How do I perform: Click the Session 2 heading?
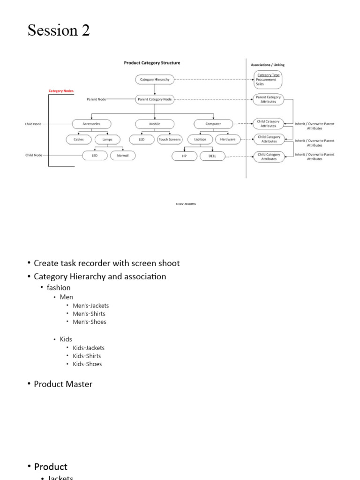(59, 30)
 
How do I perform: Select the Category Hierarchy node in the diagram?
(155, 80)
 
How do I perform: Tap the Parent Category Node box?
(155, 99)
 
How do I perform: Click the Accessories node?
(92, 124)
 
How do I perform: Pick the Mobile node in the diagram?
(155, 124)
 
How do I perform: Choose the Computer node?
(213, 124)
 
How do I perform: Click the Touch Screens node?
(170, 140)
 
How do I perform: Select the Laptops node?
(200, 140)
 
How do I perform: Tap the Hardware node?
(228, 140)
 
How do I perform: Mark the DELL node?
(212, 156)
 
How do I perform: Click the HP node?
(184, 156)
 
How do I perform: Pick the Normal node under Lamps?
(123, 156)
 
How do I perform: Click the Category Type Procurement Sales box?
(268, 80)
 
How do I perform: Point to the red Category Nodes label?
(61, 91)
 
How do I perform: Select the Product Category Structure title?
(152, 63)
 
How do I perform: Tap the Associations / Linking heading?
(268, 65)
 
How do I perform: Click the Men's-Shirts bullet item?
(89, 314)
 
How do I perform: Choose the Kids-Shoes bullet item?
(87, 364)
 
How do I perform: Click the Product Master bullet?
(63, 384)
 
